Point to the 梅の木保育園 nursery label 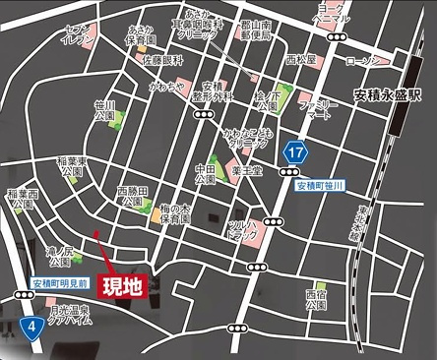coord(175,215)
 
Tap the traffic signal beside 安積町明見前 coord(23,294)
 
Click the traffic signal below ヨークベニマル coord(340,35)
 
